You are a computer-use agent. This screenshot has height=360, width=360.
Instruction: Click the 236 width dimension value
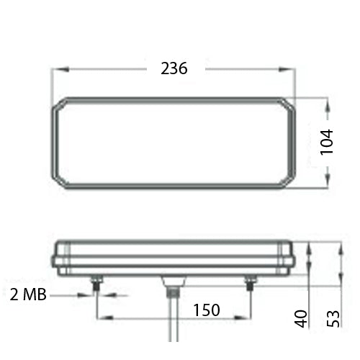click(x=174, y=69)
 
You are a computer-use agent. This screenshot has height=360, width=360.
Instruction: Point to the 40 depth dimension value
click(x=302, y=317)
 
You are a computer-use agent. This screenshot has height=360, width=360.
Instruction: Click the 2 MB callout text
click(x=30, y=294)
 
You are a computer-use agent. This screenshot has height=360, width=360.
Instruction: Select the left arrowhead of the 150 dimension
click(x=100, y=316)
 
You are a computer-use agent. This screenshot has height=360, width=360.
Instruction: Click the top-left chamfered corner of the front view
click(x=60, y=104)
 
